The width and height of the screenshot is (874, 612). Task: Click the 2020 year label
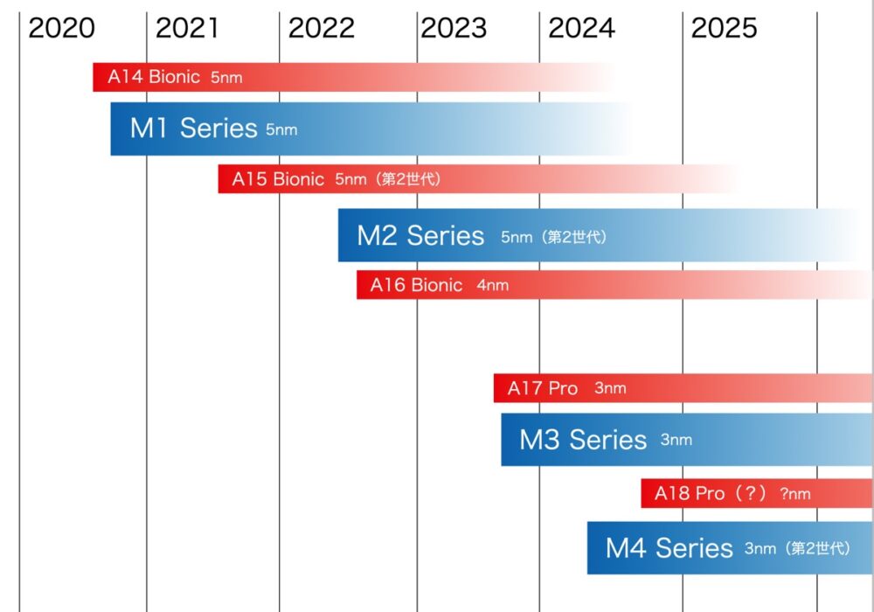coord(61,29)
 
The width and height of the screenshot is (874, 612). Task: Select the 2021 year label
coord(187,29)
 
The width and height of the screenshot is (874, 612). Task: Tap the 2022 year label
coord(322,29)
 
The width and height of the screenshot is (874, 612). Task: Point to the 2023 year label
coord(454,29)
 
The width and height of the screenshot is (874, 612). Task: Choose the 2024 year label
coord(582,29)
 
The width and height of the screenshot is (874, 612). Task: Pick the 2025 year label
coord(724,29)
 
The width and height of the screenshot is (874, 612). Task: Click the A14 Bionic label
coord(154,77)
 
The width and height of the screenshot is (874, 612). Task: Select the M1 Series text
coord(193,129)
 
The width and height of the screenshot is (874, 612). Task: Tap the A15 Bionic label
coord(278,179)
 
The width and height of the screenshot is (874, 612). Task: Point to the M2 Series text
coord(420,235)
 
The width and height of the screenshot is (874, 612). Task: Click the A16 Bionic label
coord(416,285)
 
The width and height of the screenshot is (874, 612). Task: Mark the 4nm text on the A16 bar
coord(493,285)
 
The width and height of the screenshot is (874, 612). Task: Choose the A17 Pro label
coord(543,388)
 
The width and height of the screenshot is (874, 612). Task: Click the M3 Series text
coord(583,439)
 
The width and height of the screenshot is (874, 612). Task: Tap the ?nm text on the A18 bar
coord(795,494)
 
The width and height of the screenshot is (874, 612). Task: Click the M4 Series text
coord(669,548)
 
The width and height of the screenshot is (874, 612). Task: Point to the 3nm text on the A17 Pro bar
coord(610,388)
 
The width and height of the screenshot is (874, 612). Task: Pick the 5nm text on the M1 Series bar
coord(281,130)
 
